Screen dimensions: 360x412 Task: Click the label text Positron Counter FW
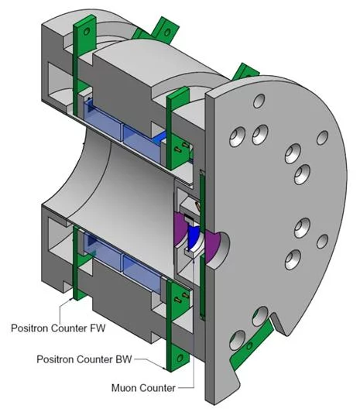(58, 328)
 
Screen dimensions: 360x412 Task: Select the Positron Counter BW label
(84, 359)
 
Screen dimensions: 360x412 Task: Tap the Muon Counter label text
(143, 388)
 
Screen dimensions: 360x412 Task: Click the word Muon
(124, 388)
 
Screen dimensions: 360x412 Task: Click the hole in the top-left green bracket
(87, 32)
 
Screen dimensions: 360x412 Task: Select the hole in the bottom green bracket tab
(180, 358)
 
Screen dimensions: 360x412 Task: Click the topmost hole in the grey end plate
(259, 101)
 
